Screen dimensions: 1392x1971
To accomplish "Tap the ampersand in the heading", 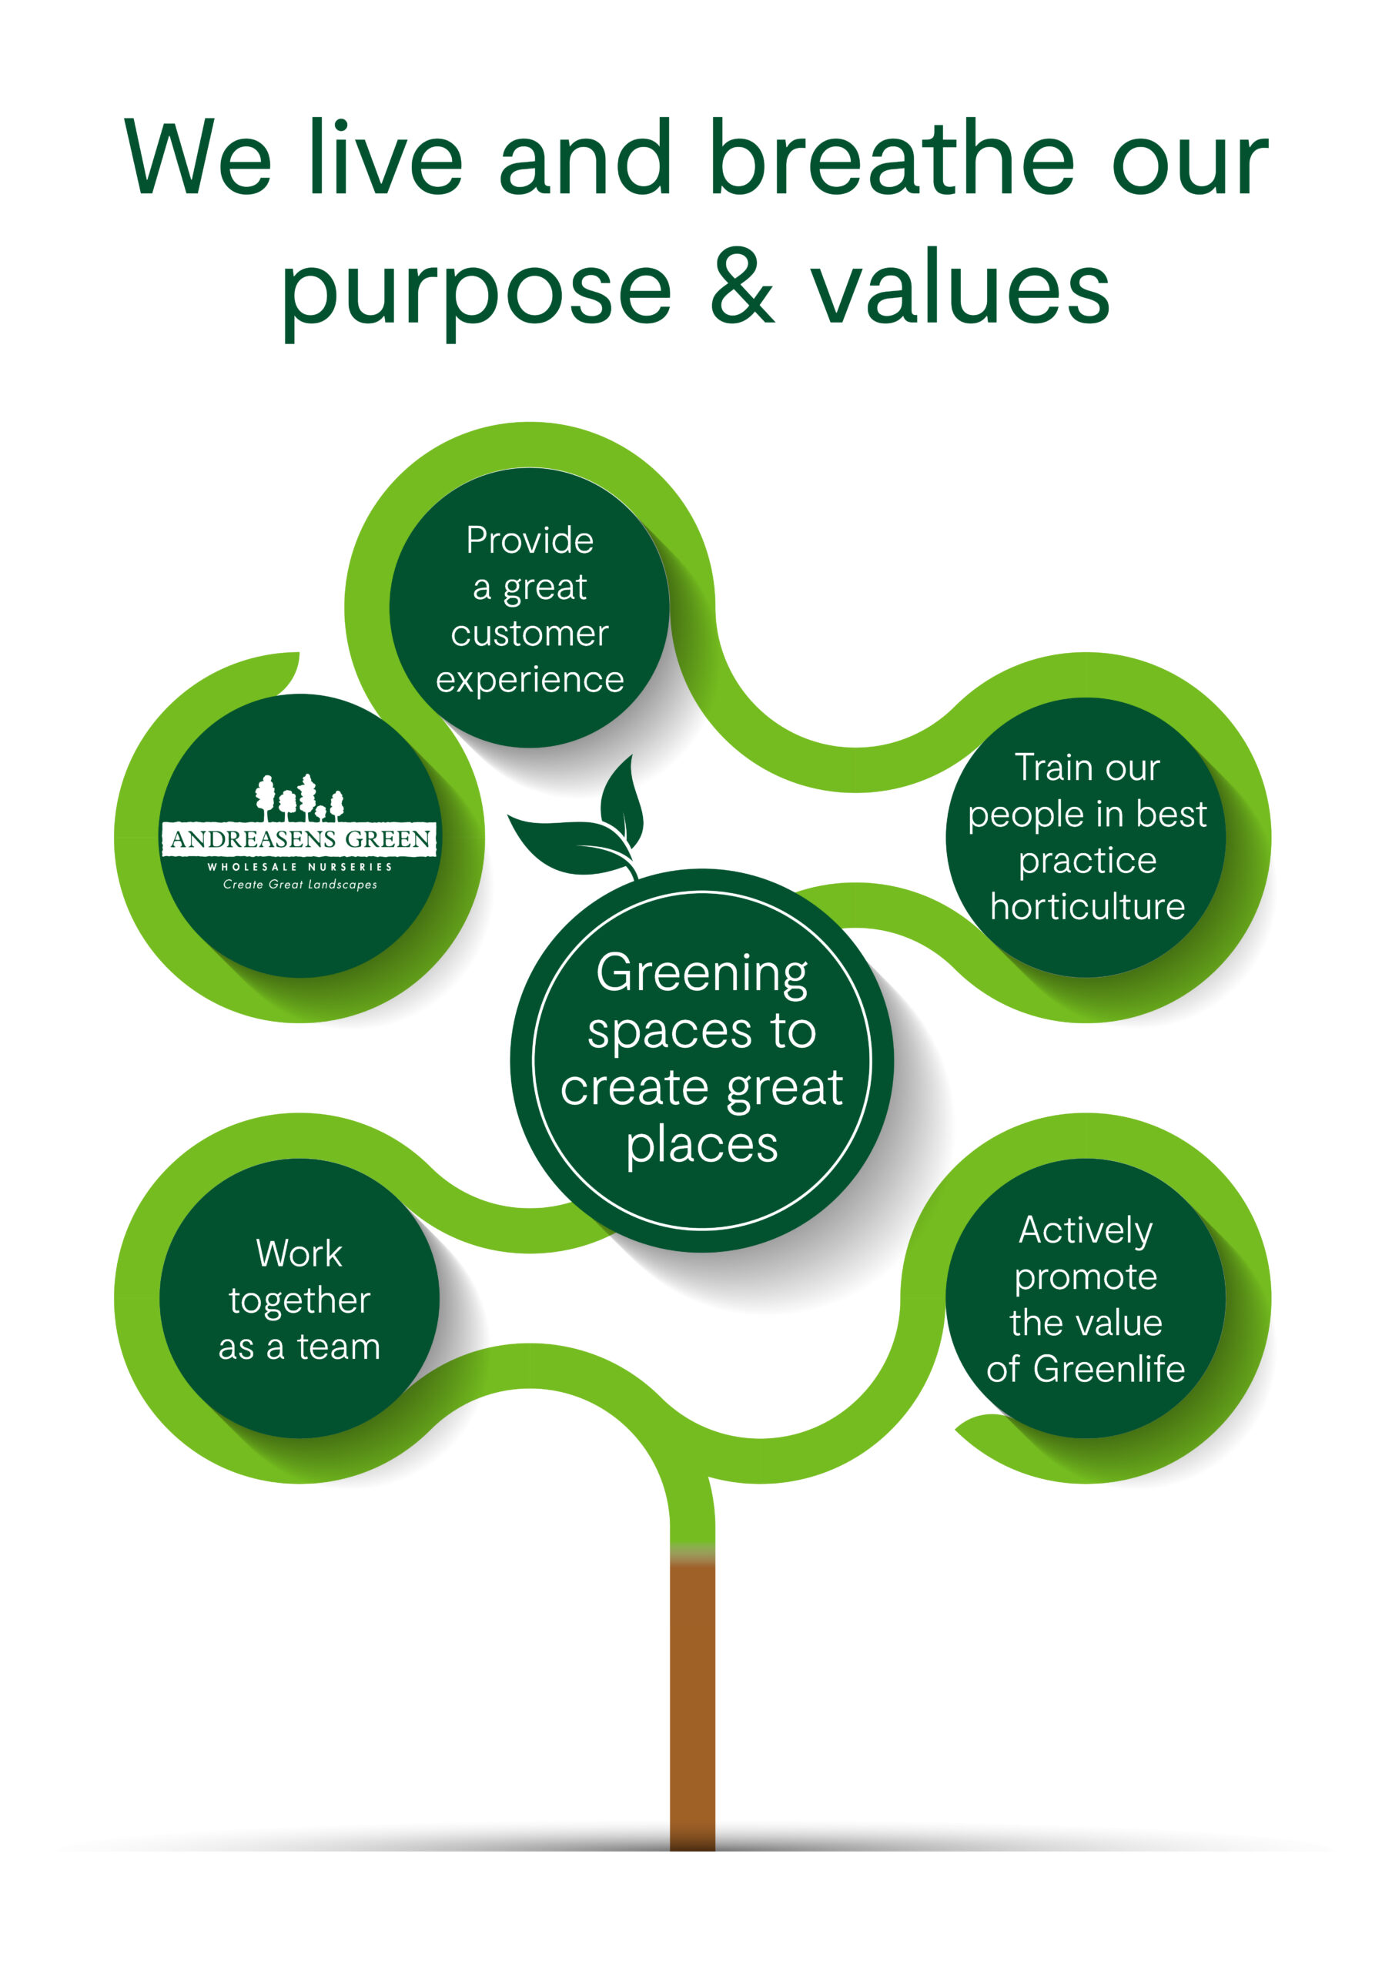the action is (x=741, y=285).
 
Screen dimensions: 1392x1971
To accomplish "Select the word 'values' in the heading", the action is (x=960, y=285).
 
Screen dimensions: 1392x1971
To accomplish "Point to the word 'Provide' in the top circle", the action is (x=530, y=540).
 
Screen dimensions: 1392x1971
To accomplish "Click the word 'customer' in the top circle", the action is (x=530, y=633).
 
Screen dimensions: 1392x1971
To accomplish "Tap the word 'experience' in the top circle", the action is (x=530, y=681).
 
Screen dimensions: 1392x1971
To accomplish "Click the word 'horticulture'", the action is (x=1087, y=906).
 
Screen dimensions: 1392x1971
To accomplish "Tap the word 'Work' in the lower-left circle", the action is (x=299, y=1253).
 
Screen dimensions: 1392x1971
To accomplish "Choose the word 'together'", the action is (x=299, y=1301).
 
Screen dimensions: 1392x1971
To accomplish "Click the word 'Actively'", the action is (x=1086, y=1231).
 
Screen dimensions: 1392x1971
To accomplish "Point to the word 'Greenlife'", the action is (x=1109, y=1368).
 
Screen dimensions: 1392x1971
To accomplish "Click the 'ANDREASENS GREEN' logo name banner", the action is (x=299, y=838).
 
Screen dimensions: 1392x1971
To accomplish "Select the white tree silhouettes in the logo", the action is (x=299, y=798).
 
